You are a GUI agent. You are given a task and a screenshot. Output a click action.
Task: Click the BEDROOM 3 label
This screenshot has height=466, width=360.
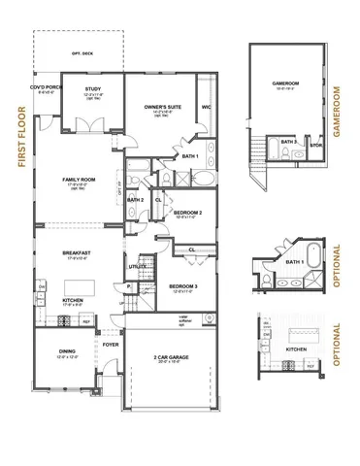coord(183,286)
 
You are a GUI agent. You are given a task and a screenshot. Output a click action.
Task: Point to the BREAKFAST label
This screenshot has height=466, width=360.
coord(77,252)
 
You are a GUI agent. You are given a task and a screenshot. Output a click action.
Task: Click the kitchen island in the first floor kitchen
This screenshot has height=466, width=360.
coord(79,288)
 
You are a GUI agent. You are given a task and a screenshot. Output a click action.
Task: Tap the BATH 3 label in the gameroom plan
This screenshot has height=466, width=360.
coord(288,142)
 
